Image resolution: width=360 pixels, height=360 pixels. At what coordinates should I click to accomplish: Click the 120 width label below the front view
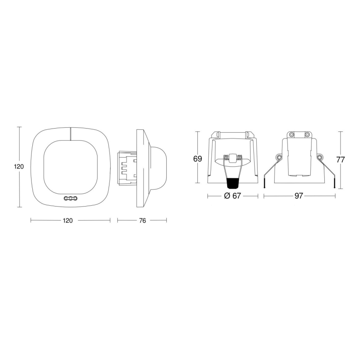tap(68, 221)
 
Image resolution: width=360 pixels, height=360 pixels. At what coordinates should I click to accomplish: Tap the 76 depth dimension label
tap(142, 221)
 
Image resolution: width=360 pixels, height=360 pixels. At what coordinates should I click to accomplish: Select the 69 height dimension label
tap(198, 159)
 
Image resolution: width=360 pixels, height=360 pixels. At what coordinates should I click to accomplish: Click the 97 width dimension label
tap(299, 196)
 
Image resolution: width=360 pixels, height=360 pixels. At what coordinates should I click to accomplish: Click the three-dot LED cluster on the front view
tap(71, 199)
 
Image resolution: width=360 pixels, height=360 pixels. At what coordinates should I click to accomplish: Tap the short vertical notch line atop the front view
tap(71, 134)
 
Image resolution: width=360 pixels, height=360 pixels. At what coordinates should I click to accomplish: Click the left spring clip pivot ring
tap(279, 157)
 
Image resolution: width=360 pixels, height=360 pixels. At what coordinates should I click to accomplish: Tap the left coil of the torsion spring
tap(226, 158)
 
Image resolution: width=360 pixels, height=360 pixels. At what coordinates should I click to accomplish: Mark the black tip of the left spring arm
tap(264, 185)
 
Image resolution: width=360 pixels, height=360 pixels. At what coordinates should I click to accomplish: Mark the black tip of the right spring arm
tap(334, 185)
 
